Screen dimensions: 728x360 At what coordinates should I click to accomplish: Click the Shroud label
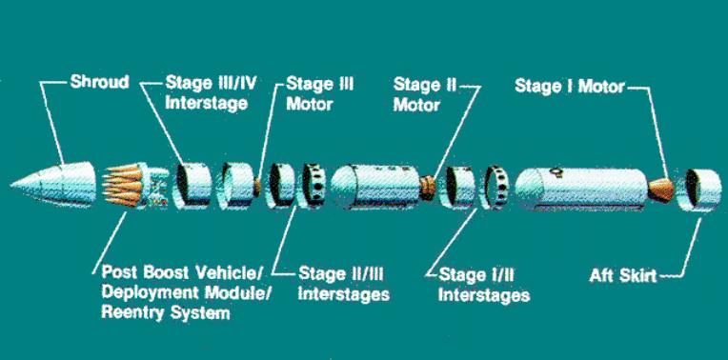click(x=99, y=82)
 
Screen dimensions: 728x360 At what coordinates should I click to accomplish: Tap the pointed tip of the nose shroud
click(x=11, y=186)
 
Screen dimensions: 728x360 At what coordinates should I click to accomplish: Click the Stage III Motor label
click(x=319, y=93)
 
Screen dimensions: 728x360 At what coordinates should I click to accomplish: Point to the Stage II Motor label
click(x=425, y=94)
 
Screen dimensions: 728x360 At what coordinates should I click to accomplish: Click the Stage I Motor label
click(x=569, y=86)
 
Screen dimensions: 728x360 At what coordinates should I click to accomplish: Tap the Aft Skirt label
click(x=623, y=276)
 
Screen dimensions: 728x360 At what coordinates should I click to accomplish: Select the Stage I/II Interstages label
click(x=484, y=285)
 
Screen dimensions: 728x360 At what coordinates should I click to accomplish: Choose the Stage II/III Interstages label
click(x=343, y=283)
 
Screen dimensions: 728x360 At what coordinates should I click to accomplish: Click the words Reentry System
click(x=165, y=313)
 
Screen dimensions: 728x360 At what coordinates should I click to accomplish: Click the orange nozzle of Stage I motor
click(x=660, y=190)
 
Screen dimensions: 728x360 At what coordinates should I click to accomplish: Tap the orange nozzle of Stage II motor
click(x=428, y=187)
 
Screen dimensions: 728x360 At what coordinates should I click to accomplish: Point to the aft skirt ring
click(x=698, y=190)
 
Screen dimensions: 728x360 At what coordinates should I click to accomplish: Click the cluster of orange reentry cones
click(x=122, y=185)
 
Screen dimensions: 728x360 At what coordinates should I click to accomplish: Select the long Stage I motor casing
click(x=581, y=190)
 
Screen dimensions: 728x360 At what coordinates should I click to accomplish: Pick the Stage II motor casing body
click(x=375, y=187)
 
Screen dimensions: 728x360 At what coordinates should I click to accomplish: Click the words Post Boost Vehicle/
click(x=182, y=272)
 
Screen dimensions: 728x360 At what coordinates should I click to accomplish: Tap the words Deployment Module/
click(x=186, y=292)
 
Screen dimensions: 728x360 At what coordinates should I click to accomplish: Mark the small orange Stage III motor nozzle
click(x=256, y=186)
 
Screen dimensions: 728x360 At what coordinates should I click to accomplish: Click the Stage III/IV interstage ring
click(x=192, y=184)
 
